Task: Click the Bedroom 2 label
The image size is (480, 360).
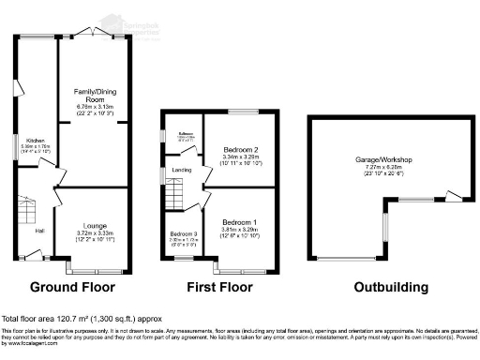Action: click(242, 150)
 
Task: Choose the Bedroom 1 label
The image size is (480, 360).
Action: click(242, 220)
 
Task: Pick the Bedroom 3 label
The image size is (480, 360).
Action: click(183, 234)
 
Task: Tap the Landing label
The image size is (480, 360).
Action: click(182, 169)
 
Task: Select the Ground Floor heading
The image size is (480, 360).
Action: click(73, 287)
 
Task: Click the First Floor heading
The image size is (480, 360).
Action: click(221, 287)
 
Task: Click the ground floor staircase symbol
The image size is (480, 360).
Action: click(22, 208)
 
